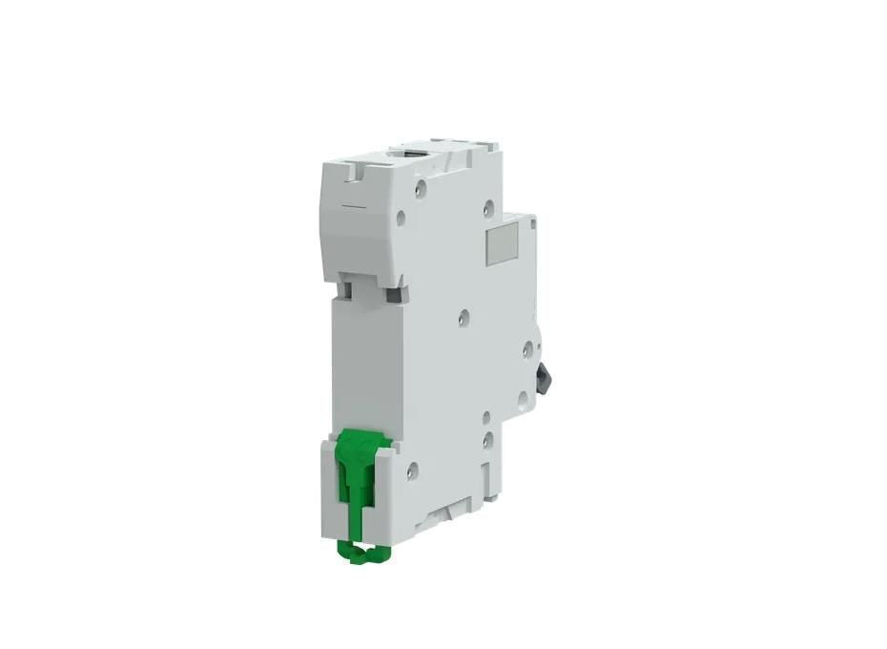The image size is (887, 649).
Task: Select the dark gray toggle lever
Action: click(542, 376)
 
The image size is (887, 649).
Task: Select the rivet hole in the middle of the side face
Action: click(464, 317)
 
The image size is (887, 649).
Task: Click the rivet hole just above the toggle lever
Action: click(526, 350)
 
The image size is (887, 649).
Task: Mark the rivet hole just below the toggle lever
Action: click(522, 399)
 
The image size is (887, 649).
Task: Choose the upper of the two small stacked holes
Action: click(486, 417)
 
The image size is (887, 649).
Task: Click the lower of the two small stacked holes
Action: click(486, 440)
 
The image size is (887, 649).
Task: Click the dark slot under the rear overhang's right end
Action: click(392, 294)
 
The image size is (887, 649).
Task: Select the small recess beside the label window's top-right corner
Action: click(531, 222)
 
